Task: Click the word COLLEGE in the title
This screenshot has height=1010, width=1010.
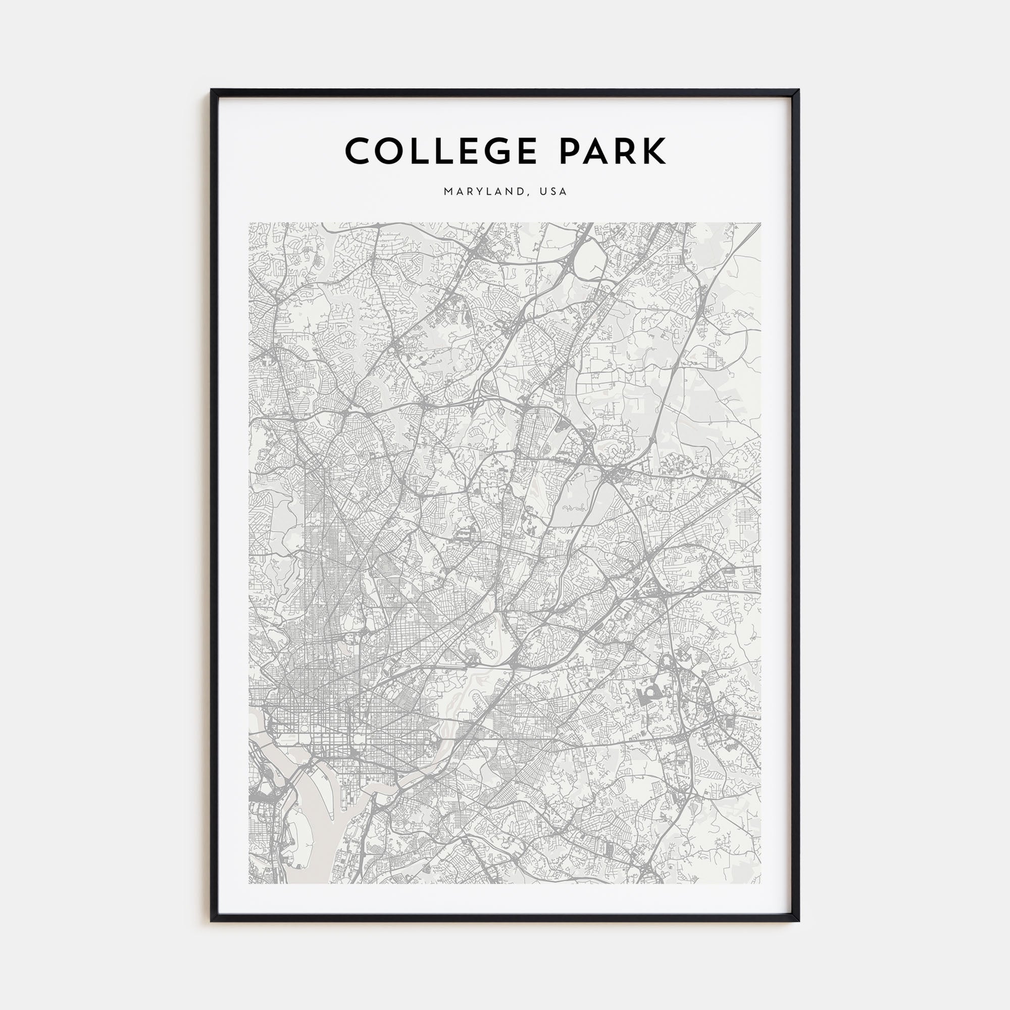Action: [x=441, y=151]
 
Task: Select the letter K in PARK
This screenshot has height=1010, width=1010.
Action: [x=653, y=151]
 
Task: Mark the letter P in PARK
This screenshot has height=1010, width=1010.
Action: [x=571, y=151]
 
